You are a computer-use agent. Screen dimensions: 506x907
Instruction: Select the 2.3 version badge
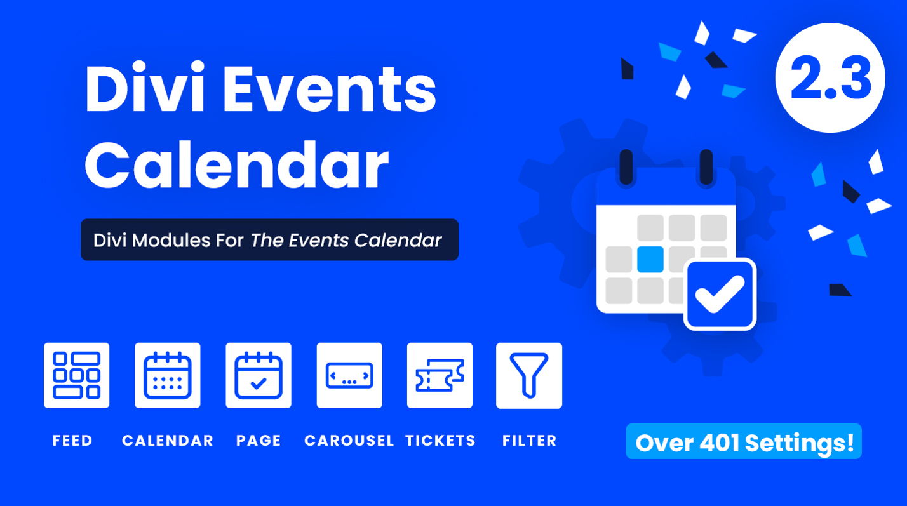coord(830,78)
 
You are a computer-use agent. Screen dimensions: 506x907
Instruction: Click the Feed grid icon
coord(76,375)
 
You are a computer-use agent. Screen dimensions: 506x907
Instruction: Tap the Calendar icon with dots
coord(167,375)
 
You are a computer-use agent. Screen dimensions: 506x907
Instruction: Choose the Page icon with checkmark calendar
coord(258,375)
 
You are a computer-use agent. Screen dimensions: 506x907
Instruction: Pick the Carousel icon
coord(349,375)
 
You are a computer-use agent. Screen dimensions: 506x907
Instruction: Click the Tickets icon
coord(440,375)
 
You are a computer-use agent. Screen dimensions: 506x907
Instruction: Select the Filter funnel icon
coord(528,375)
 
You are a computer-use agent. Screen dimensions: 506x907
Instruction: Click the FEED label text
coord(72,441)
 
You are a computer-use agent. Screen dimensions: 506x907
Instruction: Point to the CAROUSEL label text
coord(349,441)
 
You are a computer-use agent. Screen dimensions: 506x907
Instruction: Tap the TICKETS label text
coord(440,441)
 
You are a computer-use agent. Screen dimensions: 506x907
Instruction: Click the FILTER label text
coord(529,441)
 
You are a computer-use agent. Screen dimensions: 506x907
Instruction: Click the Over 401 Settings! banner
coord(744,442)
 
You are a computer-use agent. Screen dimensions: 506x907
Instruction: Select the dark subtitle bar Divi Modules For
coord(269,240)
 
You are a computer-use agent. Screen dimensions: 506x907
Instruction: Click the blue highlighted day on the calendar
coord(650,258)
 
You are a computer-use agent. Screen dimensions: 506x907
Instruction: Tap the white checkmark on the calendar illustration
coord(719,294)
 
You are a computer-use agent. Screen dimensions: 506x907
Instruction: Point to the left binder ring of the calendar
coord(626,166)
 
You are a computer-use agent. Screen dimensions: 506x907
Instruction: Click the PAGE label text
coord(259,441)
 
